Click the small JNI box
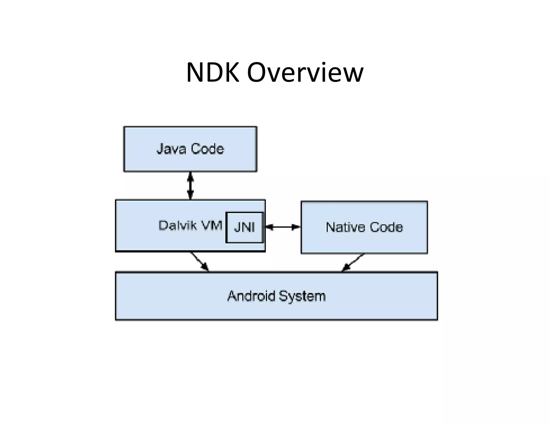pyautogui.click(x=244, y=228)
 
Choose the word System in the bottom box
pyautogui.click(x=302, y=296)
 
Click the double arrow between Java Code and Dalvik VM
pyautogui.click(x=190, y=186)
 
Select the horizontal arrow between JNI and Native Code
pyautogui.click(x=283, y=227)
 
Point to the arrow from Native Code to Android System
pyautogui.click(x=353, y=262)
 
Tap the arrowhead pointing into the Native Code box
pyautogui.click(x=296, y=227)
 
